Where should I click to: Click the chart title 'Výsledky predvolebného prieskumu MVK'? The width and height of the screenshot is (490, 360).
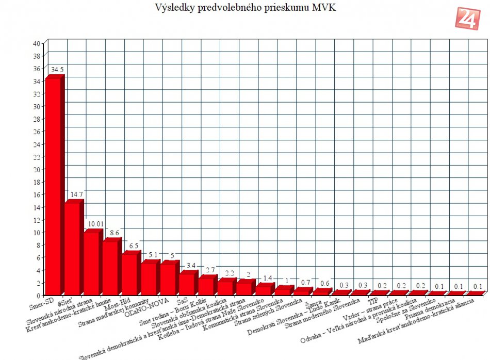click(x=245, y=8)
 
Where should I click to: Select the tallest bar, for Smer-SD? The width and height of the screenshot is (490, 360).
click(x=53, y=186)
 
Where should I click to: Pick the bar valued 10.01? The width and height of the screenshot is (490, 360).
click(x=91, y=264)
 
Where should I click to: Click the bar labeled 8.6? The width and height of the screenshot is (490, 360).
click(x=110, y=268)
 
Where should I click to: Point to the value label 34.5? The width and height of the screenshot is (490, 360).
click(x=57, y=69)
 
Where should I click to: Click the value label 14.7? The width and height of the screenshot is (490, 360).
click(x=76, y=194)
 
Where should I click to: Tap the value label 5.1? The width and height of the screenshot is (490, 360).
click(x=152, y=255)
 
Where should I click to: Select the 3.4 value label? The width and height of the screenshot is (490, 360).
click(x=190, y=265)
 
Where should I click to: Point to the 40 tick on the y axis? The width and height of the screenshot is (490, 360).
click(x=37, y=43)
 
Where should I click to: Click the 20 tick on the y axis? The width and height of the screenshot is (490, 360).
click(x=37, y=169)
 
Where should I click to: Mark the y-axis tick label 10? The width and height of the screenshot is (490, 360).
click(x=37, y=232)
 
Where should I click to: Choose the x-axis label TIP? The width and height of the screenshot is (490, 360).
click(x=372, y=299)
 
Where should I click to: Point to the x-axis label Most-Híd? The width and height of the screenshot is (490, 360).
click(x=116, y=302)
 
